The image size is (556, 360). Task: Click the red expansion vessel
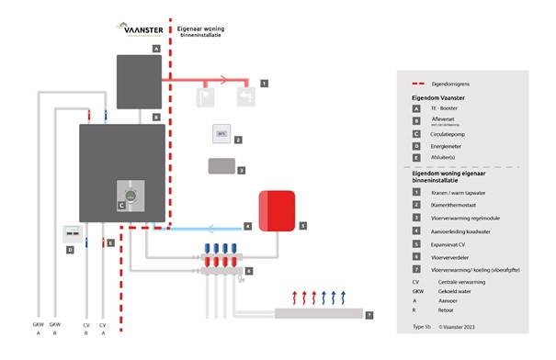tap(277, 208)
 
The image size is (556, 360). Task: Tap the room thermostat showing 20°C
tap(221, 133)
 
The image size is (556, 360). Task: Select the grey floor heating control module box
tap(221, 167)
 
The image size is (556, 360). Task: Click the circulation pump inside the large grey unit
tap(132, 195)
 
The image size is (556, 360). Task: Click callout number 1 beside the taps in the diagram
tap(265, 83)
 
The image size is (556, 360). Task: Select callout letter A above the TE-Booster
tap(156, 47)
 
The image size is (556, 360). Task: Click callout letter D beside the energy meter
tap(68, 250)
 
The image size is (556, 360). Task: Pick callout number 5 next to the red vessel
tap(302, 224)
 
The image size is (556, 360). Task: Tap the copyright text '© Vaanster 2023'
tap(462, 325)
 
